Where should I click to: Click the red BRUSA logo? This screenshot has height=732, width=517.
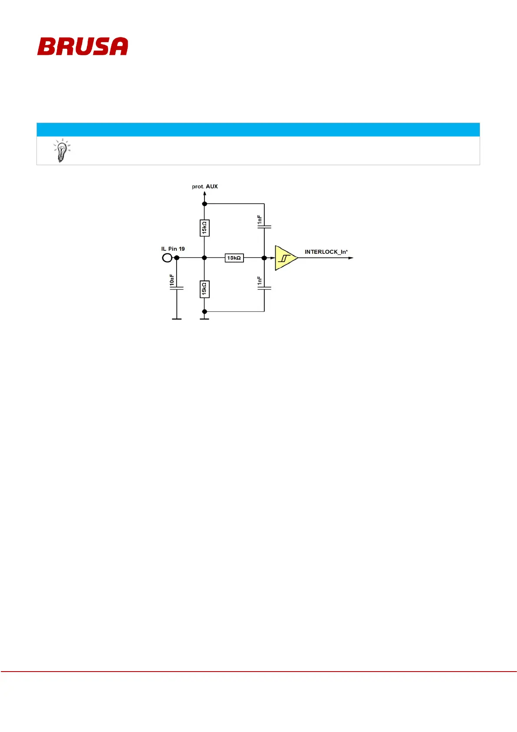click(x=82, y=47)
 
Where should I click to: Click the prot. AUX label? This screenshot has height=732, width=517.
click(x=205, y=186)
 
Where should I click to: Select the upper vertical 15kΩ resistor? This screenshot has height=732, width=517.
click(x=204, y=228)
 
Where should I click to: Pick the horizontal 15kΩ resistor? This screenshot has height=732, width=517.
click(x=234, y=258)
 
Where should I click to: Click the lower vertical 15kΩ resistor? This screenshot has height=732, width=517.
click(x=204, y=289)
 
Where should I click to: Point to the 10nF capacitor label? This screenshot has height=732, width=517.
click(x=172, y=280)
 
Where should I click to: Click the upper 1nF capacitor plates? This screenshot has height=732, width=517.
click(x=264, y=226)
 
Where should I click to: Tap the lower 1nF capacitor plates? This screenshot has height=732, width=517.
click(x=264, y=288)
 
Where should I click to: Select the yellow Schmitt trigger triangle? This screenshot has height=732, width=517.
click(x=285, y=258)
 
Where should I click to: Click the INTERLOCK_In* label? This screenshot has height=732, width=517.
click(x=326, y=252)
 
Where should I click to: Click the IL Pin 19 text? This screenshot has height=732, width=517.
click(x=173, y=249)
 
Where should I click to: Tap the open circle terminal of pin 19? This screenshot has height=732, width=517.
click(x=167, y=258)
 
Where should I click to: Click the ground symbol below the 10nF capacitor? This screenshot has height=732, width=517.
click(x=177, y=319)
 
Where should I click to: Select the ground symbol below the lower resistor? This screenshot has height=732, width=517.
click(x=204, y=319)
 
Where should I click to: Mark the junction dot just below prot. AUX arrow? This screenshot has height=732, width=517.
click(x=204, y=203)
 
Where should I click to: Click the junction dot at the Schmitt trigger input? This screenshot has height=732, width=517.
click(x=264, y=258)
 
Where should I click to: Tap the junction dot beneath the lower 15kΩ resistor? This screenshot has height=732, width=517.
click(x=204, y=311)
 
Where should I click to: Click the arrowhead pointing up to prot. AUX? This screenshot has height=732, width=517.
click(x=204, y=194)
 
